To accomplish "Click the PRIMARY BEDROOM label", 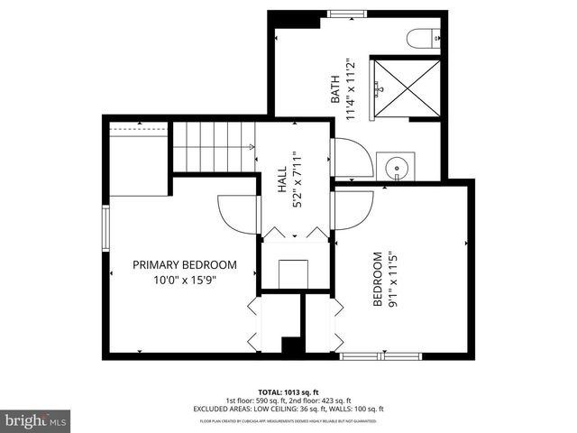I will [184, 265].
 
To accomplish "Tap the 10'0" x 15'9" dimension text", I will [184, 280].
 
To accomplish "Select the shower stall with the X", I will [408, 88].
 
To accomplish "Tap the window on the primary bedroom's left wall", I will [105, 231].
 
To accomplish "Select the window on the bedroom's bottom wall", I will [380, 356].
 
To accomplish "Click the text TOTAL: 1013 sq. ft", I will [288, 392].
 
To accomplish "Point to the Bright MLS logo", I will [36, 420].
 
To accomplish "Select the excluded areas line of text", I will [288, 410].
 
